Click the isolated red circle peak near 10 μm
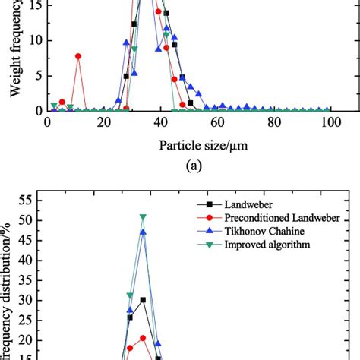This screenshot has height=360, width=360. pyautogui.click(x=78, y=56)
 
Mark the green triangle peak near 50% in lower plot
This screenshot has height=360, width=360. pyautogui.click(x=143, y=217)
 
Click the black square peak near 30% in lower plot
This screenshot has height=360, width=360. pyautogui.click(x=143, y=300)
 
